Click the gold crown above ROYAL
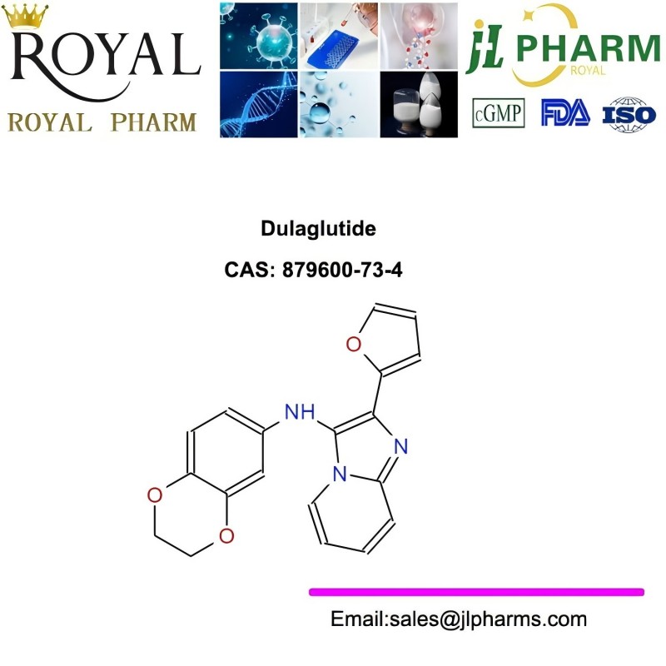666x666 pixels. click(x=26, y=16)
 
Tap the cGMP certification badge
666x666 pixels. click(x=498, y=113)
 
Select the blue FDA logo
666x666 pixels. click(x=565, y=112)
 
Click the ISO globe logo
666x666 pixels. click(x=629, y=114)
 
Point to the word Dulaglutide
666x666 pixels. click(x=318, y=228)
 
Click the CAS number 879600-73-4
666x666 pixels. click(x=342, y=270)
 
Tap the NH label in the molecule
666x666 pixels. click(x=300, y=412)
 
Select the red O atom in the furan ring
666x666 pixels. click(x=353, y=344)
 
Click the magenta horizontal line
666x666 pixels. click(x=476, y=592)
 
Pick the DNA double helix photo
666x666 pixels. click(x=259, y=105)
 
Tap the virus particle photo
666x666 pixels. click(x=259, y=35)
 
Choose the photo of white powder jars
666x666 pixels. click(x=419, y=105)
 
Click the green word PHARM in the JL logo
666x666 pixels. click(x=589, y=48)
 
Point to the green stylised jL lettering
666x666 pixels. click(x=485, y=46)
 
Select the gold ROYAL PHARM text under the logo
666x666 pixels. click(x=102, y=122)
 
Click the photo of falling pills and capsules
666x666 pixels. click(x=419, y=35)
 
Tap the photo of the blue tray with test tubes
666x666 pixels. click(x=339, y=35)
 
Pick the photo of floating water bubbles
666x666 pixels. click(x=339, y=105)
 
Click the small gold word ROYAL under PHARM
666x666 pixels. click(x=588, y=70)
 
